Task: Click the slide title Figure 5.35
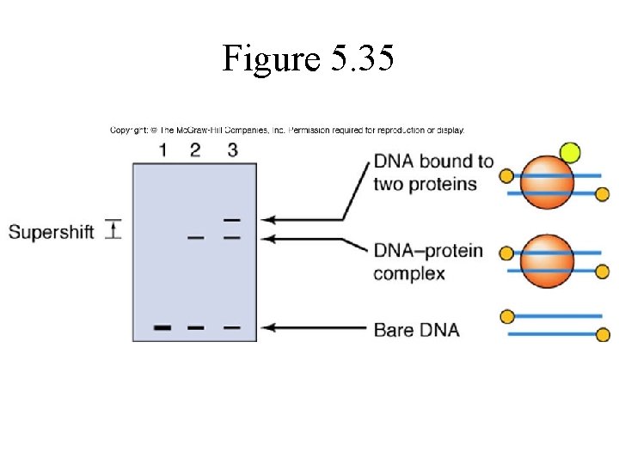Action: [x=309, y=58]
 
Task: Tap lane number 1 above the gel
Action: [x=162, y=150]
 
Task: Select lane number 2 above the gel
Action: [x=195, y=150]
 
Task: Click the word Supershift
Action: [x=52, y=232]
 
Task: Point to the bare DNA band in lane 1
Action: [x=162, y=327]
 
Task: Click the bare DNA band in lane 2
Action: [x=196, y=327]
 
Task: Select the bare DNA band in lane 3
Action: [x=231, y=327]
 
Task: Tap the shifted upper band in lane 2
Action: [x=196, y=237]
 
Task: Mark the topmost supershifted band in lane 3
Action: [x=231, y=220]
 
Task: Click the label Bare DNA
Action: [x=416, y=329]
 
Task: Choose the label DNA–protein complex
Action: [x=427, y=262]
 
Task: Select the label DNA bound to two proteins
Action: [x=432, y=173]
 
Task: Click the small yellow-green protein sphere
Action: [x=569, y=154]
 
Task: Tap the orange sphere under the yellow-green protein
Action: [x=547, y=182]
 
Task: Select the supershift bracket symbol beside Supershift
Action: [x=113, y=229]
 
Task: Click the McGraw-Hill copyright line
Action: [x=287, y=131]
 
